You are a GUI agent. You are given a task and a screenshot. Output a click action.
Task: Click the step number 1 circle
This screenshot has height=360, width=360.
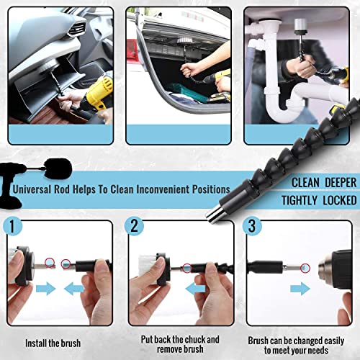click(12, 226)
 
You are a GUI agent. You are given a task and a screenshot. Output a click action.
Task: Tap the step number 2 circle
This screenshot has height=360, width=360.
click(134, 226)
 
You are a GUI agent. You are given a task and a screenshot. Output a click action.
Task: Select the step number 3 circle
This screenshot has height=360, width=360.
click(252, 226)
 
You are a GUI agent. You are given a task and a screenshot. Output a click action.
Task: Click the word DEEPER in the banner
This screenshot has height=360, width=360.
click(341, 183)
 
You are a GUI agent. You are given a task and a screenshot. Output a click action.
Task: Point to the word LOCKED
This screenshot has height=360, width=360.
click(339, 200)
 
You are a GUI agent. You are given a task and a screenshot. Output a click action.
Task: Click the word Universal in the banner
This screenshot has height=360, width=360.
click(32, 189)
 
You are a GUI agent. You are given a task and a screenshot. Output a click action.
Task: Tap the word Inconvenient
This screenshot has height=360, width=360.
click(163, 189)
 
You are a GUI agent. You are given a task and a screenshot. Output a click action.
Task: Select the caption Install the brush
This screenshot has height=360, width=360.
click(53, 343)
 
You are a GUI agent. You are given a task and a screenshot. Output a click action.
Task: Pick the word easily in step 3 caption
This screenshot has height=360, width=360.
click(334, 341)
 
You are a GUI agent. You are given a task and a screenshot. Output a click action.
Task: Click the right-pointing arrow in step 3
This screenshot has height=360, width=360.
click(300, 289)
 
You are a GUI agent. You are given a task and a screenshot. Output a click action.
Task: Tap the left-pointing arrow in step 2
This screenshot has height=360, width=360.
click(196, 289)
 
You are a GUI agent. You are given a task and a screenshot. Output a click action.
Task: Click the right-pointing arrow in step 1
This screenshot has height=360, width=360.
click(46, 289)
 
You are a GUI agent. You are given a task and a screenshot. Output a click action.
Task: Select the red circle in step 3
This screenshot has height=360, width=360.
click(305, 268)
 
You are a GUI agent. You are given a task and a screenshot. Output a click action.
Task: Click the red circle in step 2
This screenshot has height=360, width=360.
click(187, 268)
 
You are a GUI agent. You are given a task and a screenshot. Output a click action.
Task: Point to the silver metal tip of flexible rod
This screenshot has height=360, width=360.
click(215, 215)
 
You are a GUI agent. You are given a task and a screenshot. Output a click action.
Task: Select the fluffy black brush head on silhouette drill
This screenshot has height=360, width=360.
click(58, 168)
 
